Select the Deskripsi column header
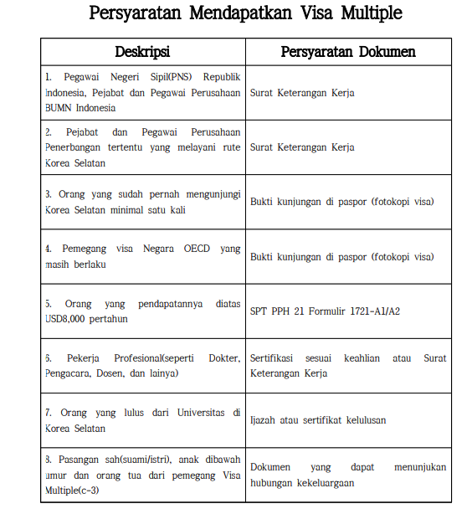(143, 52)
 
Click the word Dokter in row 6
(220, 357)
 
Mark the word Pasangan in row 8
(83, 460)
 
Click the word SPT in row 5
(259, 311)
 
